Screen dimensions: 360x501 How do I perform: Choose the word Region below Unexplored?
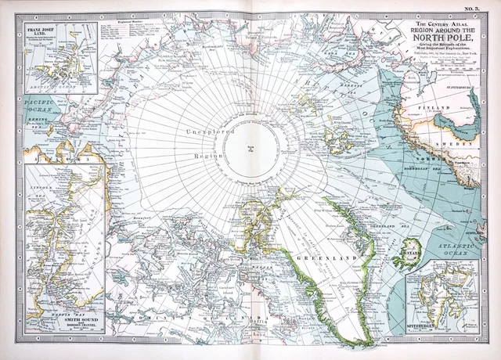(209, 156)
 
